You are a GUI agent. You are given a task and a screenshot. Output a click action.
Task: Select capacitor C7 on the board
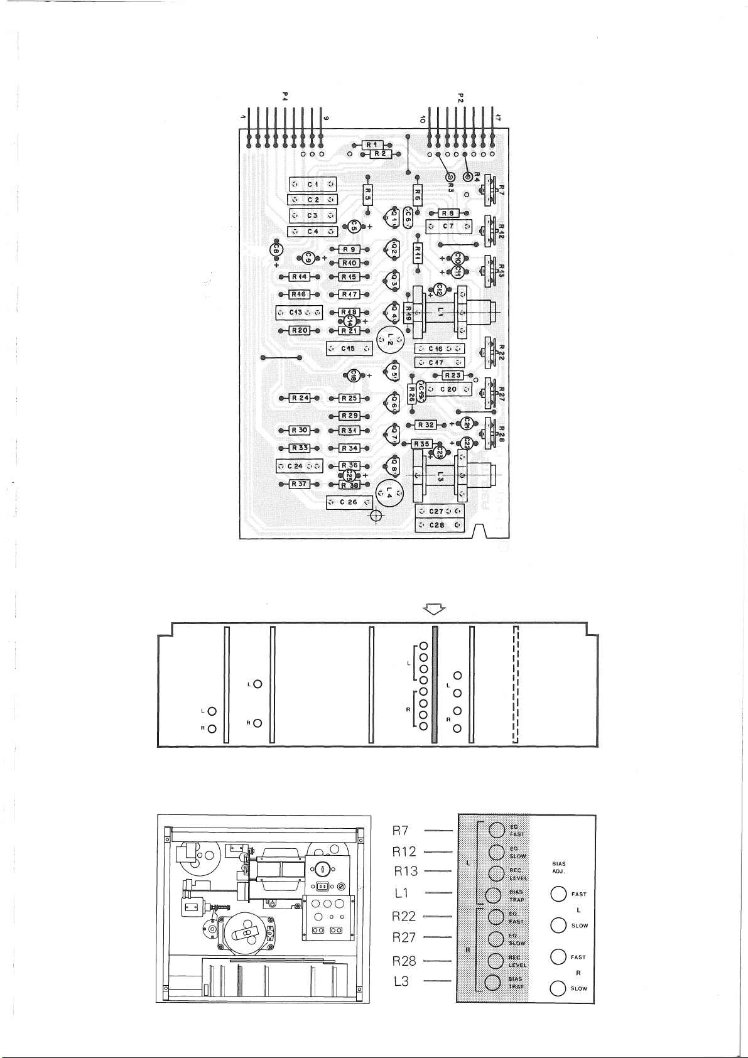448,226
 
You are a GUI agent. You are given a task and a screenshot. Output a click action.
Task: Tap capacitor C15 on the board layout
347,348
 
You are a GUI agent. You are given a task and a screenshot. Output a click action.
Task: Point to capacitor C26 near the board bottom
348,502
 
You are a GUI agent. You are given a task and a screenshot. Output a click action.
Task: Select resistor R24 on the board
300,398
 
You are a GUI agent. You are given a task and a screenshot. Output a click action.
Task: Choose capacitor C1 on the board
313,184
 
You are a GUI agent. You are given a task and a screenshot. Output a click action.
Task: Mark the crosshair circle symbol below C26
376,516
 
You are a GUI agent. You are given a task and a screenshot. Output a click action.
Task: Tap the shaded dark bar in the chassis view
433,685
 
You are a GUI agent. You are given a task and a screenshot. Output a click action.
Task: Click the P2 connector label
460,98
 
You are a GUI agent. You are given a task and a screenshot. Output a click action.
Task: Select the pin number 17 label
497,117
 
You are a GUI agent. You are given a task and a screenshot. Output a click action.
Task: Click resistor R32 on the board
426,425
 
